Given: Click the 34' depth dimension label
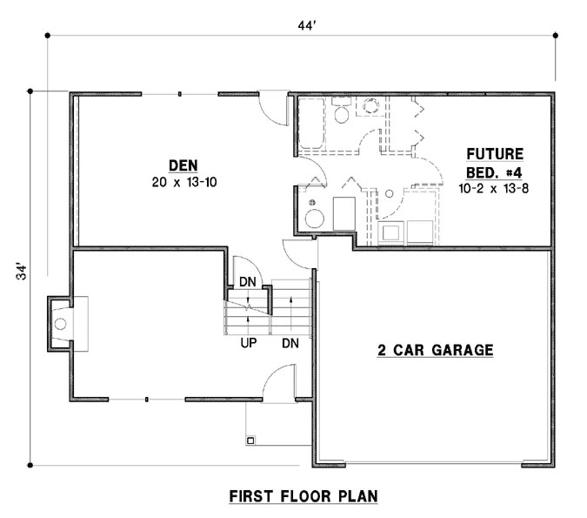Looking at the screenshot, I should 20,272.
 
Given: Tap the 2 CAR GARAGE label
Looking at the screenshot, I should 435,351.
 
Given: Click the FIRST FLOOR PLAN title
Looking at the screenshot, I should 303,497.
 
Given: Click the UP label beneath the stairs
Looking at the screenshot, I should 248,343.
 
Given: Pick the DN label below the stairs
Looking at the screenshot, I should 290,343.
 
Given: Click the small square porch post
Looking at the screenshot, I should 251,441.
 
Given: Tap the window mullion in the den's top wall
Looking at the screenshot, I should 180,93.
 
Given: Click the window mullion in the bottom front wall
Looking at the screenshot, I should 147,399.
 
